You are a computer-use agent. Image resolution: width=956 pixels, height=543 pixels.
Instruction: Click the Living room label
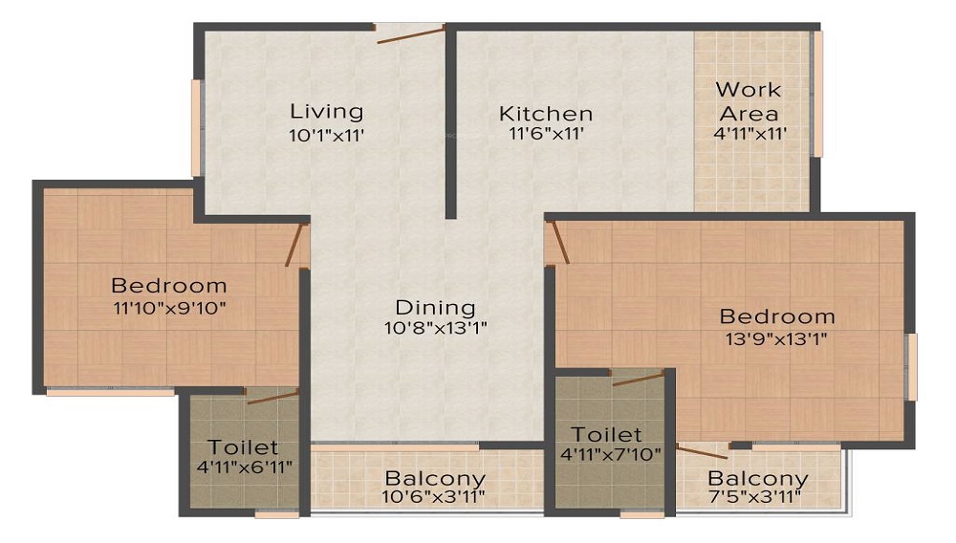tap(327, 111)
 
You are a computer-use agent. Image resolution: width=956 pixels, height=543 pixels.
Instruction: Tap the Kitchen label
tap(546, 114)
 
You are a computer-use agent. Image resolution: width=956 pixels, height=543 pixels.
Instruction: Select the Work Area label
tap(749, 100)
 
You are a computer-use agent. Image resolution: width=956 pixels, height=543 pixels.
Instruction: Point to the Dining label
tap(436, 308)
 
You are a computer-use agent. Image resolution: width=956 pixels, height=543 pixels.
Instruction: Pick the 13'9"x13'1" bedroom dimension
tap(776, 337)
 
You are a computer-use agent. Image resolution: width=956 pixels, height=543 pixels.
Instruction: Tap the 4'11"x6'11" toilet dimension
tap(243, 467)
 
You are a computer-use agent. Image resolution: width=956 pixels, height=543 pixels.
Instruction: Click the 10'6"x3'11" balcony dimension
tap(435, 498)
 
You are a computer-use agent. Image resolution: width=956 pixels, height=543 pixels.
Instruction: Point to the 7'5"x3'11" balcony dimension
tap(757, 498)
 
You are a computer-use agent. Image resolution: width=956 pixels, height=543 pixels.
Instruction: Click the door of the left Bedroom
tap(296, 244)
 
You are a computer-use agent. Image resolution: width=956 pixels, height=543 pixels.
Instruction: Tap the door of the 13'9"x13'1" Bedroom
tap(558, 241)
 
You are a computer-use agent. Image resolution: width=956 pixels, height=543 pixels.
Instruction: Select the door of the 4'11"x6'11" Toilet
tap(272, 396)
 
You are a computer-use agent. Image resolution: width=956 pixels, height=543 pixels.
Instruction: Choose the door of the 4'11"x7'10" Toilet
tap(639, 379)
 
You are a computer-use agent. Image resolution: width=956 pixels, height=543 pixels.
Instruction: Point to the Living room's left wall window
tap(196, 128)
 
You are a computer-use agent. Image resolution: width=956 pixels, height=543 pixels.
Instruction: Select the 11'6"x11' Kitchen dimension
tap(546, 135)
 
